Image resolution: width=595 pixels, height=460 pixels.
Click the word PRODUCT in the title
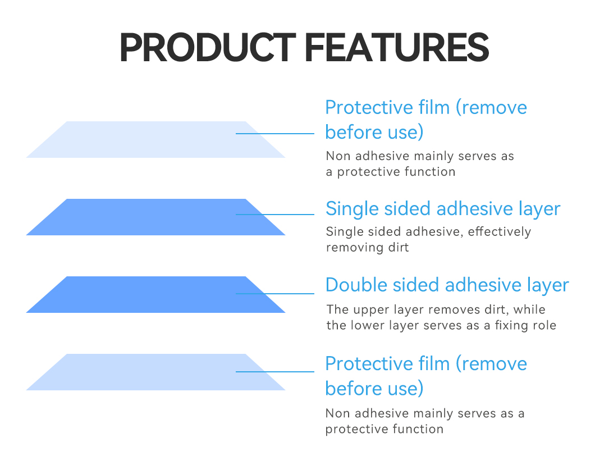point(207,48)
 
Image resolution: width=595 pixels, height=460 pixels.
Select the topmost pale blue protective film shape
point(155,140)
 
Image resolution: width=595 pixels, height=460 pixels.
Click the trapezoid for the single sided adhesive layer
point(155,217)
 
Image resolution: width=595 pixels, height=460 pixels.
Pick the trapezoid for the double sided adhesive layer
point(155,295)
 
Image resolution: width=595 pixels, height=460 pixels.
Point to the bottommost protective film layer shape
point(155,372)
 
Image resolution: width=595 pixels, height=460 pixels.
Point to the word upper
point(372,309)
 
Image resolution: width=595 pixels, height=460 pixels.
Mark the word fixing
point(509,325)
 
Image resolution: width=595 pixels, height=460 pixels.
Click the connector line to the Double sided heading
point(275,294)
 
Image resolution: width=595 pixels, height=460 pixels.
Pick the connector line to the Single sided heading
point(275,214)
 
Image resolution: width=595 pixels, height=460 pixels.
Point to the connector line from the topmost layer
point(275,134)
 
